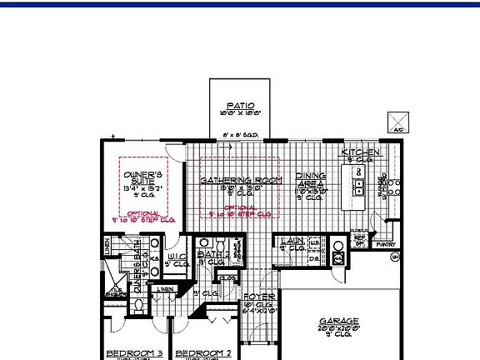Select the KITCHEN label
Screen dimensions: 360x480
click(x=361, y=152)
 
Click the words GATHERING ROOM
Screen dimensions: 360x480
click(x=236, y=180)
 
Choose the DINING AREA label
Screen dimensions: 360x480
click(x=310, y=181)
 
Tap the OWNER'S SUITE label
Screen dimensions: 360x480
click(x=141, y=179)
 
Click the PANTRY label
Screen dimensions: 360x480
click(x=384, y=246)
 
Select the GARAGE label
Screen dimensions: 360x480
click(x=339, y=321)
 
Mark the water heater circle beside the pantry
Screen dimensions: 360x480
click(x=394, y=257)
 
